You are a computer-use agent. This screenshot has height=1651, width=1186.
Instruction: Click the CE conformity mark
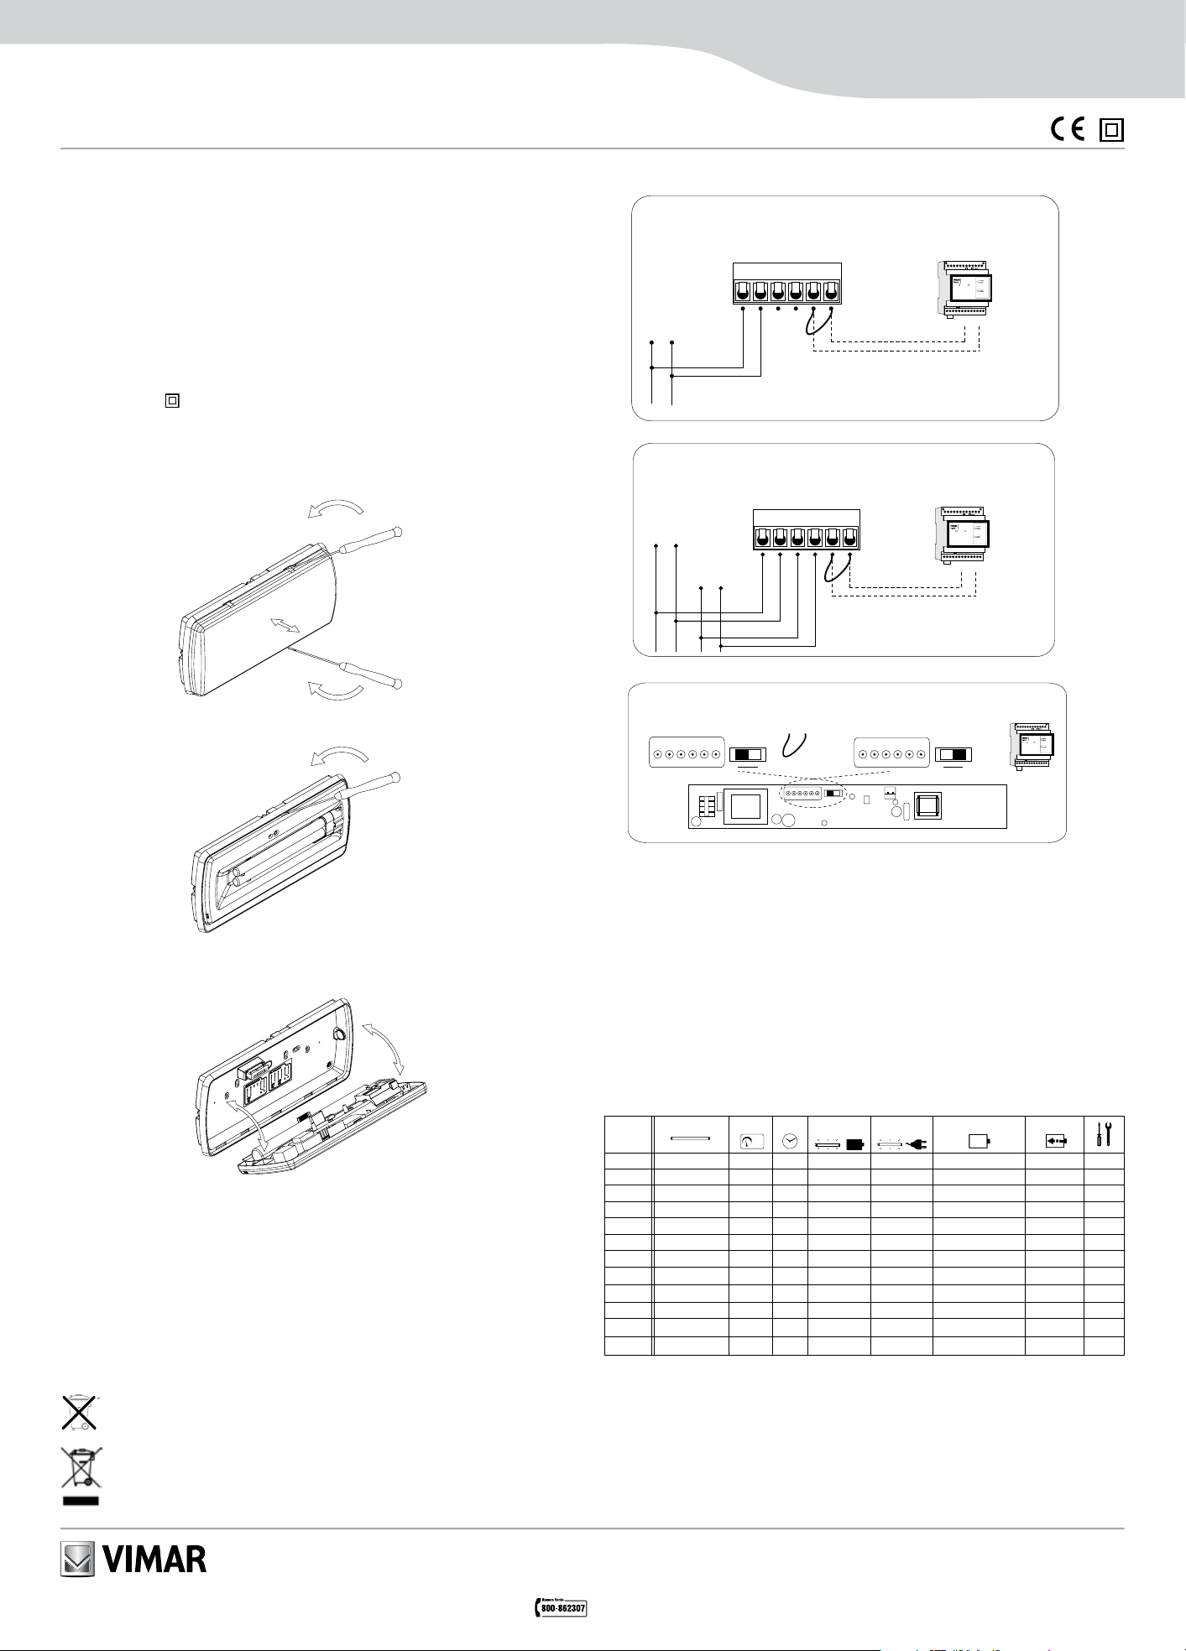[x=1068, y=129]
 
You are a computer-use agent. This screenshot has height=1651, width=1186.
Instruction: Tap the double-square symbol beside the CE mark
[x=1112, y=129]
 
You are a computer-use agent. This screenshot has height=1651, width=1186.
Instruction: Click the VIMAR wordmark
[x=154, y=1560]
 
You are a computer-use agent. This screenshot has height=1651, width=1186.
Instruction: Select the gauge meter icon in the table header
[x=750, y=1141]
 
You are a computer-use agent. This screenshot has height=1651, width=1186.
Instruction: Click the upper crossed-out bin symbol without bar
[x=79, y=1411]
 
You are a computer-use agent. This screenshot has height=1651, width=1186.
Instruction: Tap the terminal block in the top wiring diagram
[x=786, y=284]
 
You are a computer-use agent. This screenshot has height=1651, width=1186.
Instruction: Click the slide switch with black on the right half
[x=954, y=753]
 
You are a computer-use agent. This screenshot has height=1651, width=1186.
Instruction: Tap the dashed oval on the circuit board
[x=812, y=794]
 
